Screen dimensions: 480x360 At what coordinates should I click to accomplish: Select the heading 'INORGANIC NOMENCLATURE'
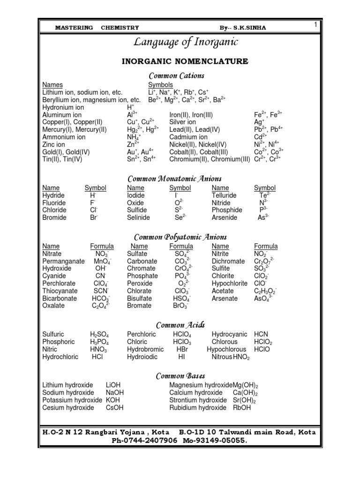click(185, 61)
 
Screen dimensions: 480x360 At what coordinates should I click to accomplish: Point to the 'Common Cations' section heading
click(176, 75)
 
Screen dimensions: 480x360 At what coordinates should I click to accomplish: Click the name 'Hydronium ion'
click(63, 107)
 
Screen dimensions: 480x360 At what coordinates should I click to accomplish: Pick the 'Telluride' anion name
click(224, 195)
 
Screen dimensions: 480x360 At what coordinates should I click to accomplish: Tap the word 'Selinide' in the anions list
click(139, 217)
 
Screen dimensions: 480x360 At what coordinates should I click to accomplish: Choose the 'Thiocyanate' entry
click(60, 291)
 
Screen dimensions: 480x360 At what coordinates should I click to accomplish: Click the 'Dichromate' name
click(228, 261)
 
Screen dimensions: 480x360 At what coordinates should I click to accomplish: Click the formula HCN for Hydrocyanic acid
click(262, 335)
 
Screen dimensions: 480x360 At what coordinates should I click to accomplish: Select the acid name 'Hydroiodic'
click(143, 357)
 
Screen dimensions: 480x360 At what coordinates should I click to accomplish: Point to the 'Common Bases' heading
click(180, 375)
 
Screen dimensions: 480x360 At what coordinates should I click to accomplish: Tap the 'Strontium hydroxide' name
click(197, 400)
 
